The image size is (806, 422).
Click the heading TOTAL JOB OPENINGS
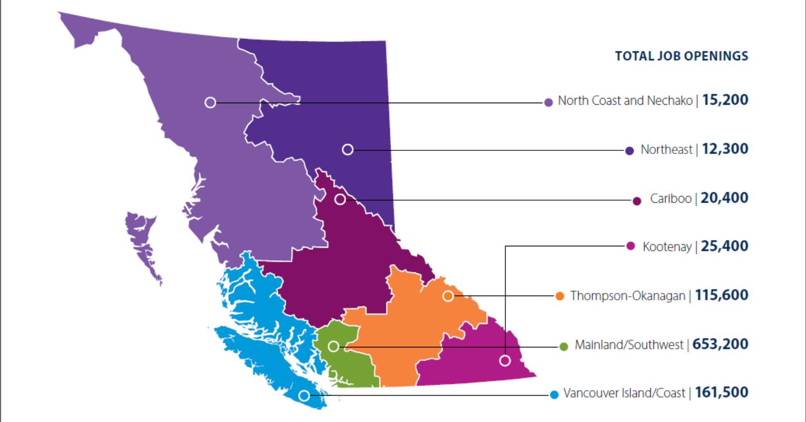(x=681, y=56)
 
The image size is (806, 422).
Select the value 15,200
(x=725, y=100)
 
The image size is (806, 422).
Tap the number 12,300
(x=725, y=149)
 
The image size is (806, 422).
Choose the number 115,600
(x=722, y=296)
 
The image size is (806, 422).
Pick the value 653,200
(x=720, y=344)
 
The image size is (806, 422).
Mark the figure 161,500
(x=722, y=392)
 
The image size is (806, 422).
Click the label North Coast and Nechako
(x=625, y=101)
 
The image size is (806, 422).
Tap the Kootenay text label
(x=667, y=247)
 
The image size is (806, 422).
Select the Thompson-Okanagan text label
(x=627, y=296)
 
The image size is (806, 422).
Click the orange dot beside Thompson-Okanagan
(x=560, y=296)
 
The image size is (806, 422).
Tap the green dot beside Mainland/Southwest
(x=564, y=346)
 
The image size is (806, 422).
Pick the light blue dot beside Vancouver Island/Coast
(x=554, y=395)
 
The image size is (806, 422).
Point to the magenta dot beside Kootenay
(x=631, y=246)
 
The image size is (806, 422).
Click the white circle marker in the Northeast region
(x=348, y=149)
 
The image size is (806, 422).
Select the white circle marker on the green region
(x=334, y=346)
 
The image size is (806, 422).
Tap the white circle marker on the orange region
(x=448, y=296)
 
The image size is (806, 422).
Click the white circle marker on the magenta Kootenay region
(x=505, y=360)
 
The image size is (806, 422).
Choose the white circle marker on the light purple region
(x=210, y=102)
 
